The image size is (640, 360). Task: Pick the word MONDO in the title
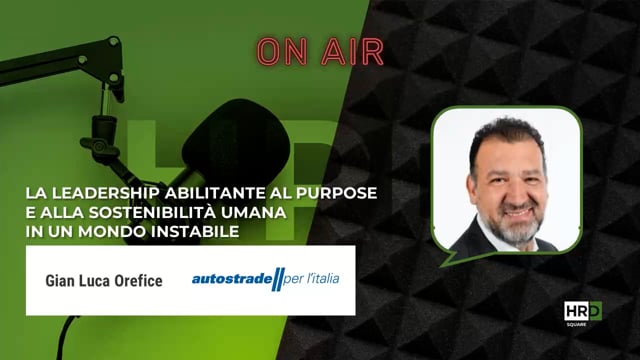point(129,232)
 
